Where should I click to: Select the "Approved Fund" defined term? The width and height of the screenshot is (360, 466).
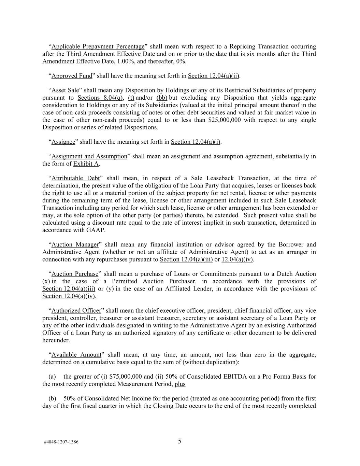pyautogui.click(x=72, y=76)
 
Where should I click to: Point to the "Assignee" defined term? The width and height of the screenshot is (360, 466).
pyautogui.click(x=63, y=142)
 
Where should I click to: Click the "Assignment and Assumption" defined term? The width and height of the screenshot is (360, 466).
pyautogui.click(x=89, y=156)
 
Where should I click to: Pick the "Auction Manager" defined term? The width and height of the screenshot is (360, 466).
pyautogui.click(x=75, y=244)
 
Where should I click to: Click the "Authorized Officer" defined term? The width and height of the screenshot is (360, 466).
pyautogui.click(x=76, y=311)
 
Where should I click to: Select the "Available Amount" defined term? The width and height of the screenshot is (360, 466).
pyautogui.click(x=76, y=355)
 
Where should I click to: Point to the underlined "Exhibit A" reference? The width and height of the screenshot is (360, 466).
pyautogui.click(x=86, y=164)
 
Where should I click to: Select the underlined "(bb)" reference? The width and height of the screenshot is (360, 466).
pyautogui.click(x=162, y=98)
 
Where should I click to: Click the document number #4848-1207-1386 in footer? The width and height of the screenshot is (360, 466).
pyautogui.click(x=61, y=442)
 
